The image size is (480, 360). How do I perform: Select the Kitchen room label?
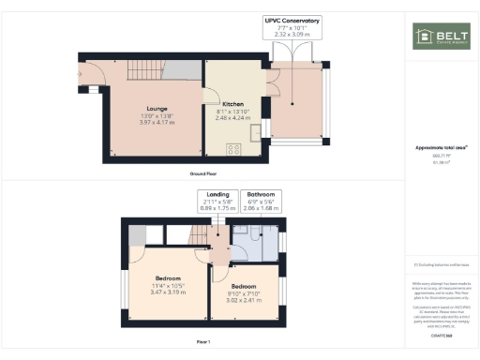(233, 104)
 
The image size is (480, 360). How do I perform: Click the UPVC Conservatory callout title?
(291, 19)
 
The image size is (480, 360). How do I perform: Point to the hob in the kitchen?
(232, 147)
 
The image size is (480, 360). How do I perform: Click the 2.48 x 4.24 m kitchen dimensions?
(233, 118)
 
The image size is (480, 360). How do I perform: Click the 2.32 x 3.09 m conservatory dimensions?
(291, 34)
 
